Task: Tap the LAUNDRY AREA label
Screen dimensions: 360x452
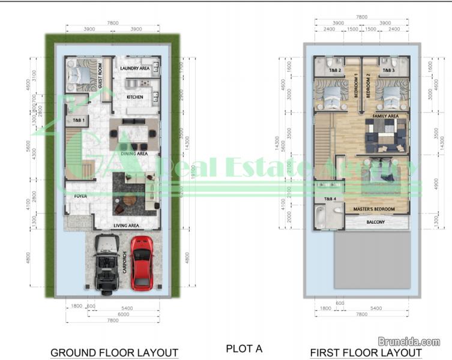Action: tap(135, 68)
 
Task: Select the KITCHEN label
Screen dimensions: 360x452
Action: tap(134, 97)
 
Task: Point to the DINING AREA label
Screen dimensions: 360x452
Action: tap(134, 154)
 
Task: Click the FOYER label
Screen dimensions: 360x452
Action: tap(80, 196)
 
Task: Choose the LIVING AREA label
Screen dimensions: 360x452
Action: tap(127, 226)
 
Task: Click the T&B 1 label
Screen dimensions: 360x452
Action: tap(79, 121)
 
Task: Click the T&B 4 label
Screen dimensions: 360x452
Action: tap(330, 199)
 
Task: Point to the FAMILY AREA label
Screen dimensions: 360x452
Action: tap(385, 116)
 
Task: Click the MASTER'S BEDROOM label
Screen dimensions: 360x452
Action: tap(373, 208)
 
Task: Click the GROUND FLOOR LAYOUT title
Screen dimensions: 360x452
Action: tap(114, 352)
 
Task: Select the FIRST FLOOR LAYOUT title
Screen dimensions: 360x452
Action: tap(366, 352)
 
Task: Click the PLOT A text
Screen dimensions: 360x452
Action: tap(244, 348)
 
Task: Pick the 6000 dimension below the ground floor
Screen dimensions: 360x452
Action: tap(123, 314)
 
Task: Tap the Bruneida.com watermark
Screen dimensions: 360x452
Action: tap(413, 341)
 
